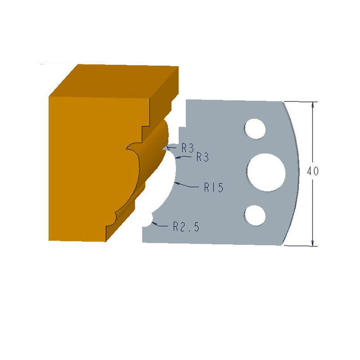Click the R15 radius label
tap(213, 188)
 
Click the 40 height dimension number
tap(312, 172)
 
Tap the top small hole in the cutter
tap(255, 128)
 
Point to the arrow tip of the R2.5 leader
tap(156, 224)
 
